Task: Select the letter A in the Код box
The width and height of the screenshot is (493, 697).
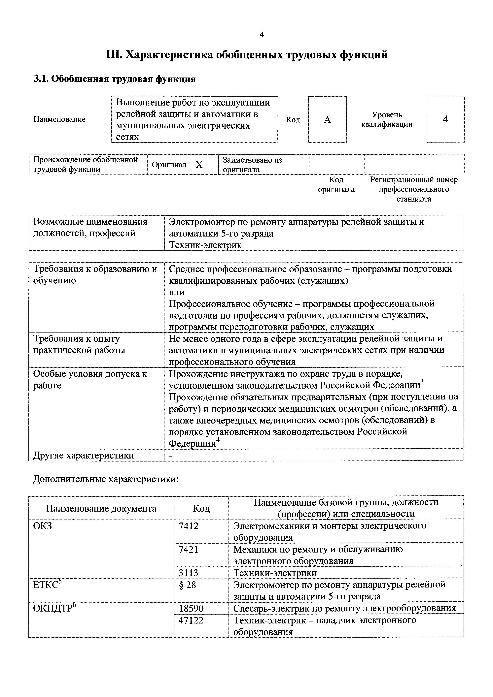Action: (x=327, y=120)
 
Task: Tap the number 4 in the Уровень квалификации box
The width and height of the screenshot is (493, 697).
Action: (x=445, y=119)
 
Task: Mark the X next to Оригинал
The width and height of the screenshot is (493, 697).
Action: (x=199, y=165)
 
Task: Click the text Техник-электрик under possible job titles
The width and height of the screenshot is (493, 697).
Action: (x=205, y=245)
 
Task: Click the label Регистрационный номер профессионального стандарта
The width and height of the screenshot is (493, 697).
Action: (x=414, y=189)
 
